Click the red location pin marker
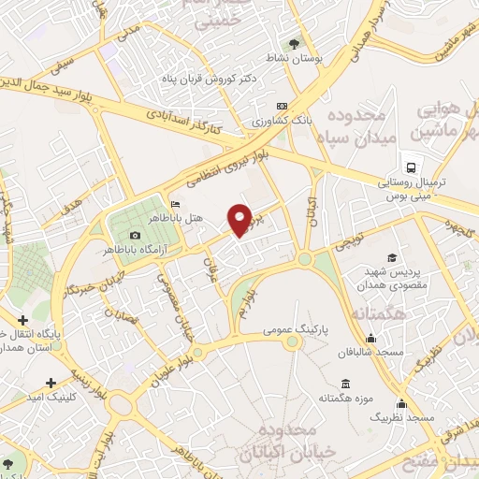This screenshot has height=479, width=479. [241, 219]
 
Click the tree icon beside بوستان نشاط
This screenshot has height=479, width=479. [296, 44]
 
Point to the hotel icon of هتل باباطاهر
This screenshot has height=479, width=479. [175, 205]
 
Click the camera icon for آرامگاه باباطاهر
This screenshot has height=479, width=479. [136, 234]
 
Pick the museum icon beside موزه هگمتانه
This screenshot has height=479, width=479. [345, 385]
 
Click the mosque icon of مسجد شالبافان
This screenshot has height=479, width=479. [371, 339]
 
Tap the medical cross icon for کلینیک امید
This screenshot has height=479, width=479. [51, 382]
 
